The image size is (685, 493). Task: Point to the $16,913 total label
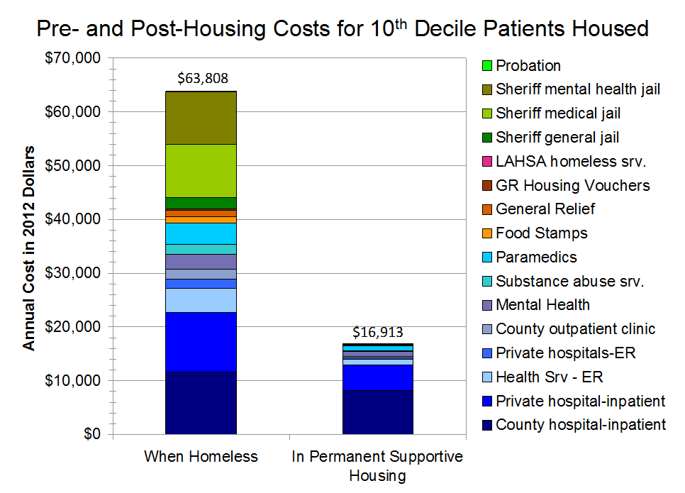pos(379,332)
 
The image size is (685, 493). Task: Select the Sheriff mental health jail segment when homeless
pos(201,118)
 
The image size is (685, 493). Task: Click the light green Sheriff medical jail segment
pos(201,170)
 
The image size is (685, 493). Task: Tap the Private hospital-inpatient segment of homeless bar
pos(201,342)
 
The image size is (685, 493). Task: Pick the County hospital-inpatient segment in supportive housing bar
pos(378,412)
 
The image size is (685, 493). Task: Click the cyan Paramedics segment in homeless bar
pos(201,233)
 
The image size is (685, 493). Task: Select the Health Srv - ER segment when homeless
pos(201,300)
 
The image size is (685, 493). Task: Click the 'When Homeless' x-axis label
pos(201,456)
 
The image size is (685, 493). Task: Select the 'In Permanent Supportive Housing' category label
pos(377,465)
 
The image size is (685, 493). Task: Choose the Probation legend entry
pos(528,66)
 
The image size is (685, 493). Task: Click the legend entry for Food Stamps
pos(542,233)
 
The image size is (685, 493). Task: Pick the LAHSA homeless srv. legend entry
pos(571,162)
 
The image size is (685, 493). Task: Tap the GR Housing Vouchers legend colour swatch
pos(486,186)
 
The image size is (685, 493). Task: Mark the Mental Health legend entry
pos(542,305)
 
